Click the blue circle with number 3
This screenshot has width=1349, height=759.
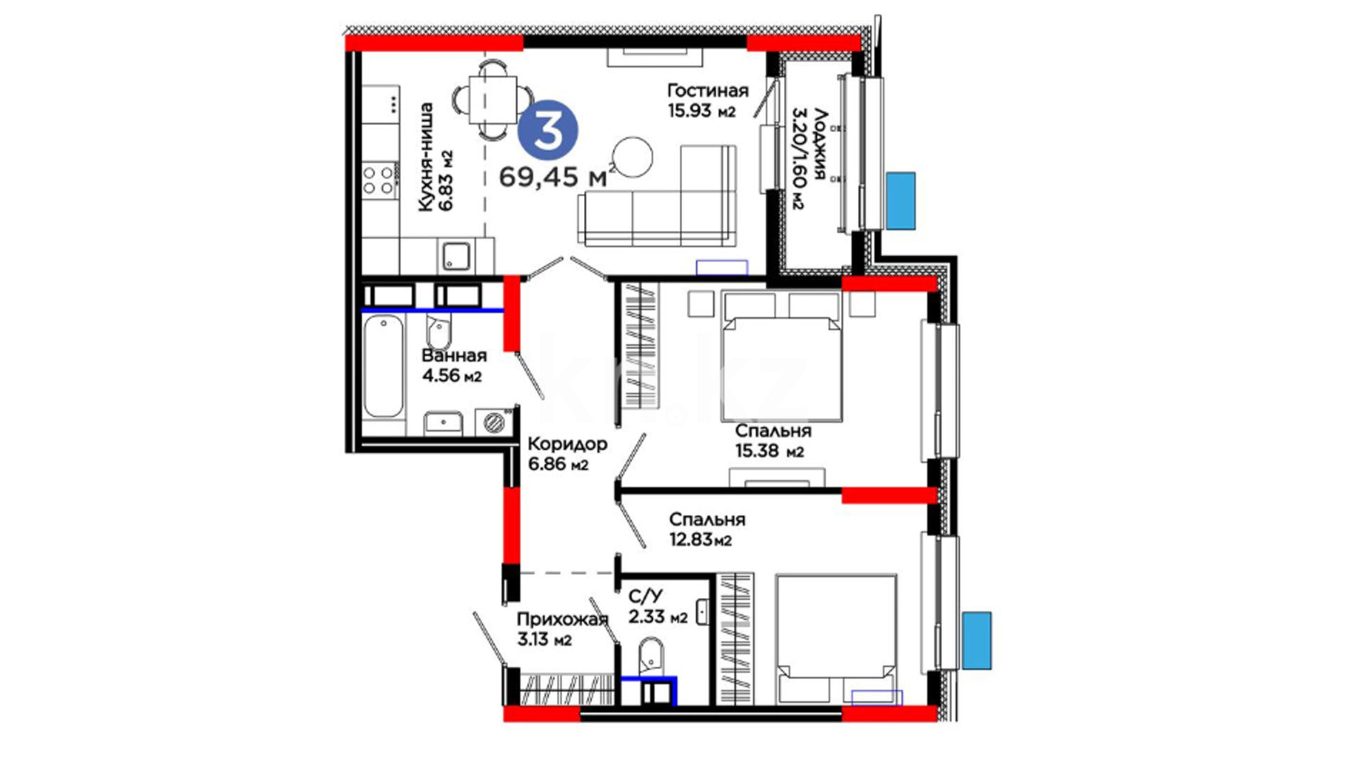tap(548, 133)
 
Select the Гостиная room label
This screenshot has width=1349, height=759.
tap(708, 91)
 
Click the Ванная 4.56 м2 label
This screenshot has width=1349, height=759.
tap(454, 365)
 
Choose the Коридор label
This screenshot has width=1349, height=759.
tap(567, 444)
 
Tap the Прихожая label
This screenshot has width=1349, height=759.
tap(562, 620)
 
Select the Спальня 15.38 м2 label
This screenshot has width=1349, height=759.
tap(773, 441)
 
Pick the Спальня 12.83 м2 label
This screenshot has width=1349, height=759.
tap(707, 530)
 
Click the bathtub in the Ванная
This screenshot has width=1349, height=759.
tap(384, 366)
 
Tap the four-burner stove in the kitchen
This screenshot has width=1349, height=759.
tap(379, 180)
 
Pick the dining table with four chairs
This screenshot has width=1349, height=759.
tap(494, 98)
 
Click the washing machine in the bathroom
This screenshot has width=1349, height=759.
tap(495, 422)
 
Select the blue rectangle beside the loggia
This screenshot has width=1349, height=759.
tap(901, 201)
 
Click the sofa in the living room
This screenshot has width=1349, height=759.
tap(658, 197)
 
